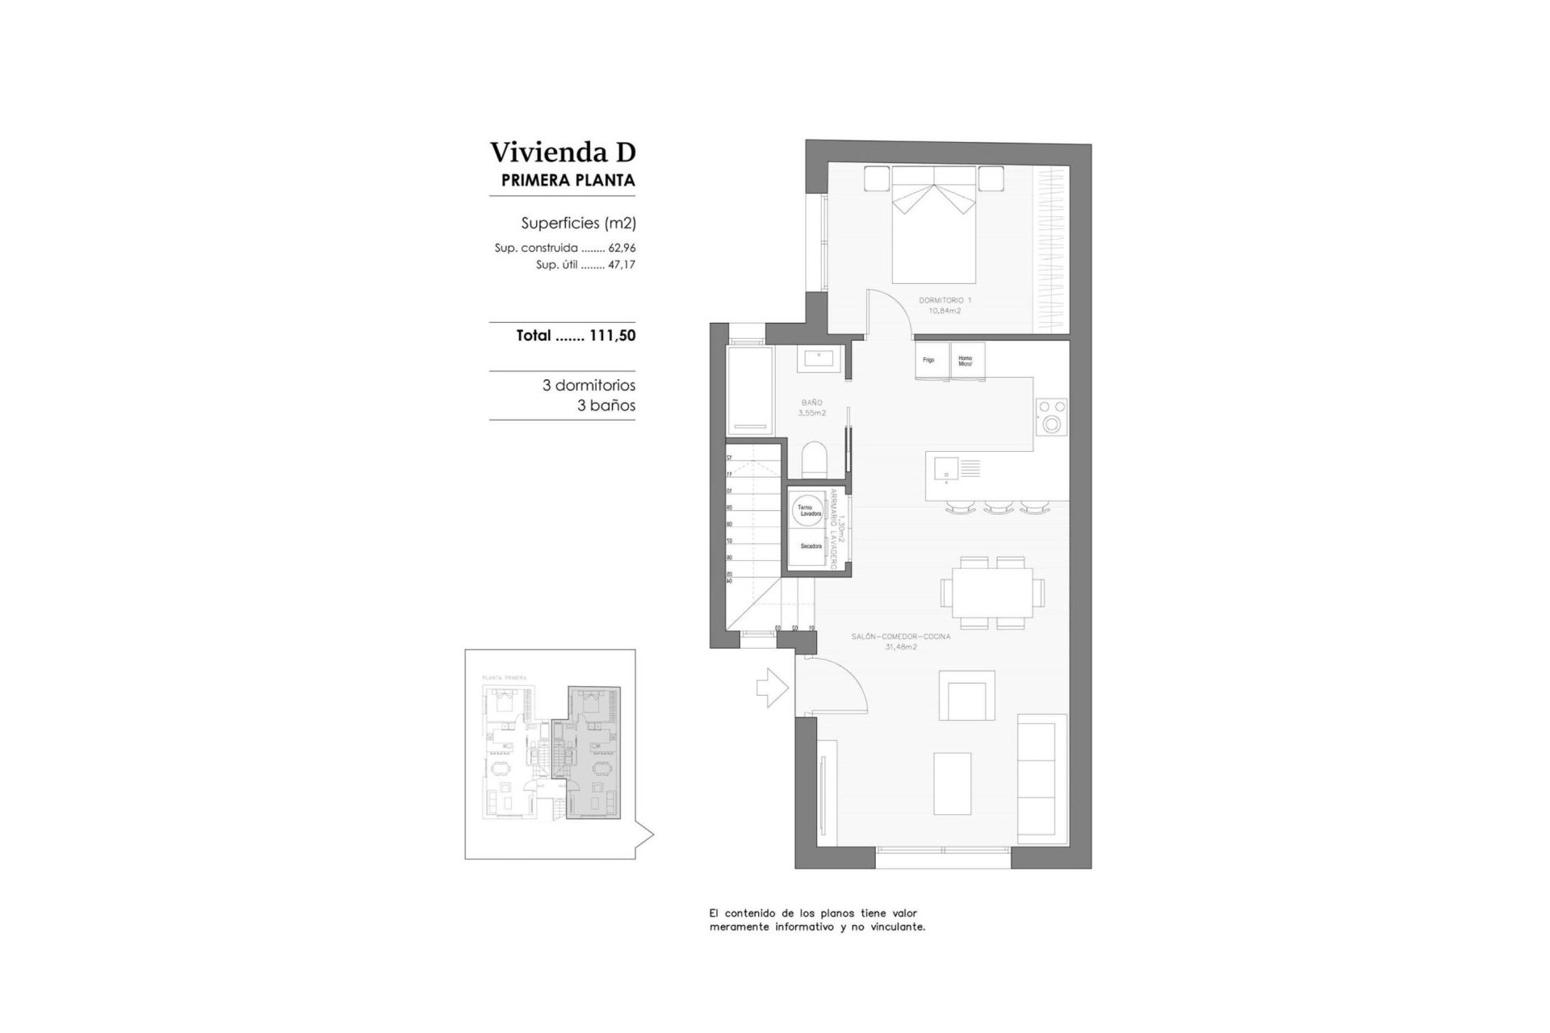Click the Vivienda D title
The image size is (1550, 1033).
[563, 152]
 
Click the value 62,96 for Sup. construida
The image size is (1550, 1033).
[622, 249]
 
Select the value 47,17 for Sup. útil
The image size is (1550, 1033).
[622, 265]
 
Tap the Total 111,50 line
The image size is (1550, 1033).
[576, 336]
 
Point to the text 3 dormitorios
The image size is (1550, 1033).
[589, 386]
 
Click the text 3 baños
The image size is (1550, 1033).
[605, 406]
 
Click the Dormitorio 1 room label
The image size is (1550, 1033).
[945, 305]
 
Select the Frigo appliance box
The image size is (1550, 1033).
[930, 360]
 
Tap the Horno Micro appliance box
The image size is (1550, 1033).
[966, 361]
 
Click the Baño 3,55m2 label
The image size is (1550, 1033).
[812, 408]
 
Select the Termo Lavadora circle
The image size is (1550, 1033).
[808, 511]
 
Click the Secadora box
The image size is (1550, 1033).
[810, 547]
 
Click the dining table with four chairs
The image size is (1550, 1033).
[991, 592]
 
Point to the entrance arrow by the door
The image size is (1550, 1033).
[772, 688]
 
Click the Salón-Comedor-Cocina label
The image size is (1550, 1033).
[901, 642]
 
